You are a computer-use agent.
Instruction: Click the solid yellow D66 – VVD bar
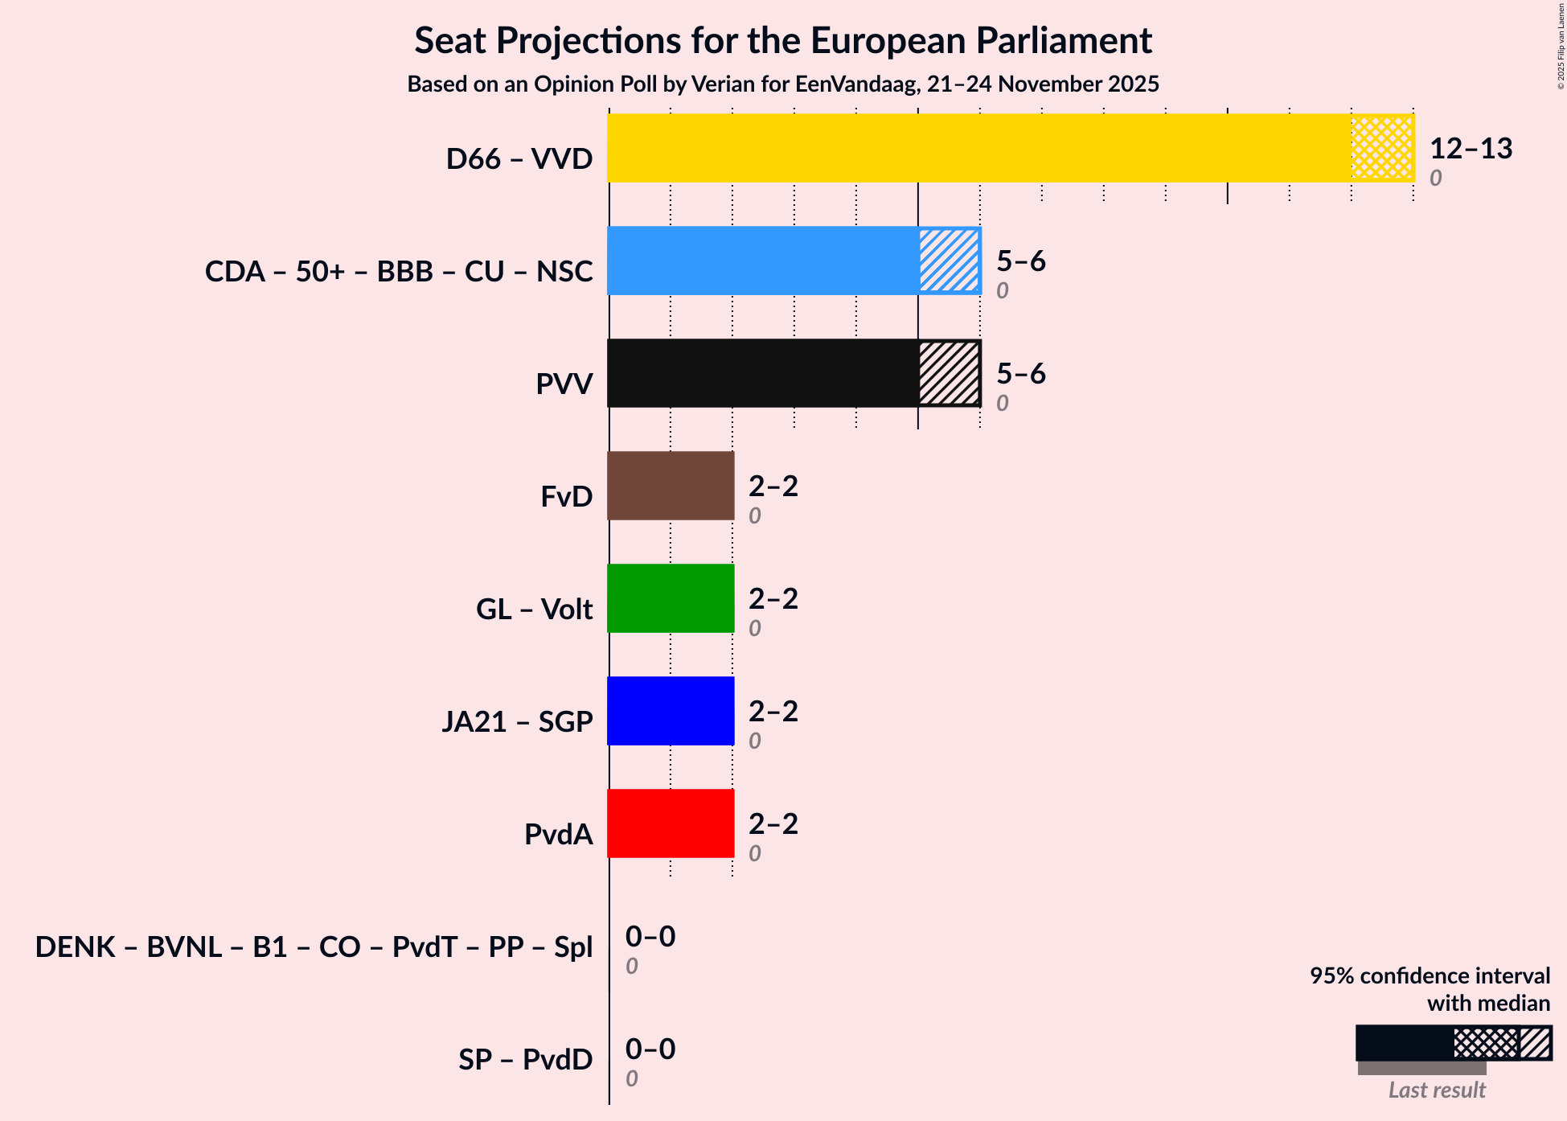979,148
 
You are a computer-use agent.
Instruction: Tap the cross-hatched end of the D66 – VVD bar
1382,148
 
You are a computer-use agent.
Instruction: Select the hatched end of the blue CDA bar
949,261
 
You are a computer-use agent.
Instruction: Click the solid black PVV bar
762,373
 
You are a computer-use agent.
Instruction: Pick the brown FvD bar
671,486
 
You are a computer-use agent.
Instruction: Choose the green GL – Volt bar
671,598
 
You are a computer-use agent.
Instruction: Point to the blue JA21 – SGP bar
671,711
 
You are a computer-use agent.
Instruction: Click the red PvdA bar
671,823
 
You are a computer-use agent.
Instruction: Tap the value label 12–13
1471,149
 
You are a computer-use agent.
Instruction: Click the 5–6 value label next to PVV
1020,374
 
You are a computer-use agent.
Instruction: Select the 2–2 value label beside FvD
773,487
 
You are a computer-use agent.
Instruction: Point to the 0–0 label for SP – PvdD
650,1049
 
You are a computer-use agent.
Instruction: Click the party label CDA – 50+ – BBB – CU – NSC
399,272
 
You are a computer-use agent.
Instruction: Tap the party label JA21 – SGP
517,722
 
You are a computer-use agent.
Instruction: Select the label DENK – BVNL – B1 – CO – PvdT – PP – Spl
314,947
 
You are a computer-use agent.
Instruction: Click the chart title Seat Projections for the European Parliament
783,41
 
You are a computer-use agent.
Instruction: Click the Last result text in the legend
1437,1090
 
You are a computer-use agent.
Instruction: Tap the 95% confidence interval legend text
1430,976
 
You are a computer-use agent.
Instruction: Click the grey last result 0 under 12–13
1435,178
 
